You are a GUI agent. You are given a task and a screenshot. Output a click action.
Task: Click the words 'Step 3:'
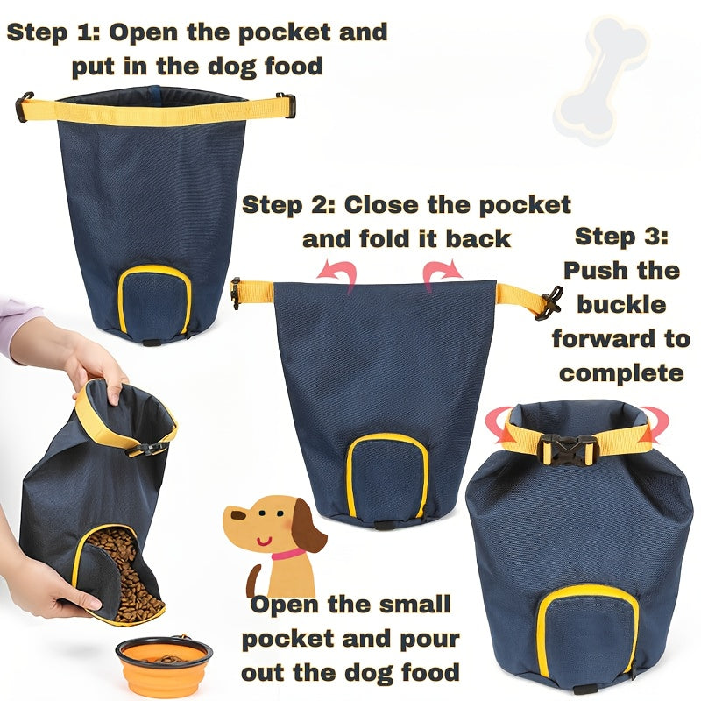(x=621, y=237)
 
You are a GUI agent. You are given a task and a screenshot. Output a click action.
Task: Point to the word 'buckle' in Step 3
(x=621, y=305)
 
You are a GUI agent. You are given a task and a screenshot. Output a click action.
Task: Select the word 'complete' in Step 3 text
(x=621, y=372)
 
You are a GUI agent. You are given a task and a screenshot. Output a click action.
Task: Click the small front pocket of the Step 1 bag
(x=155, y=301)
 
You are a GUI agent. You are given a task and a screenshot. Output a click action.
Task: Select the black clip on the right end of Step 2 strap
(x=550, y=303)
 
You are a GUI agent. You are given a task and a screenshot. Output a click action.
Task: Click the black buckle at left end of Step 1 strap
(x=24, y=107)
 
